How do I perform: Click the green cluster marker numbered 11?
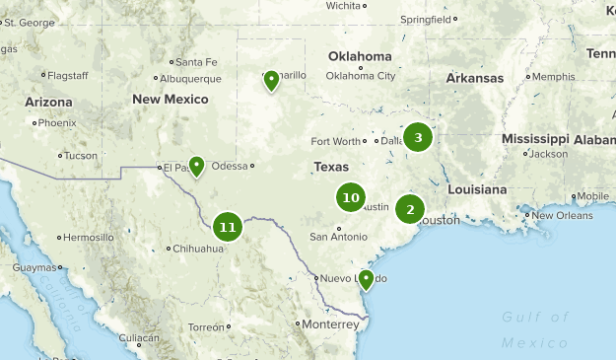coord(228,227)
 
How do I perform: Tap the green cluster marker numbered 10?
coord(350,197)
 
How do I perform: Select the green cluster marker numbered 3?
coord(418,137)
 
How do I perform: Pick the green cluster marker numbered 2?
coord(410,209)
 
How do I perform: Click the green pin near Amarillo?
coord(271,80)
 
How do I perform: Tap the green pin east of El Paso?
coord(196,166)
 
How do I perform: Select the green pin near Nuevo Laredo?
coord(366,279)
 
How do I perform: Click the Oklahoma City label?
coord(360,76)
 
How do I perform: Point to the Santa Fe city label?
coord(195,62)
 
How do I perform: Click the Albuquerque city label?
coord(189,79)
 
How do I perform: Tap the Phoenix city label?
coord(57,123)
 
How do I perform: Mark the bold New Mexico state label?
coord(171,100)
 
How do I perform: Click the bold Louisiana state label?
coord(476,188)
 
